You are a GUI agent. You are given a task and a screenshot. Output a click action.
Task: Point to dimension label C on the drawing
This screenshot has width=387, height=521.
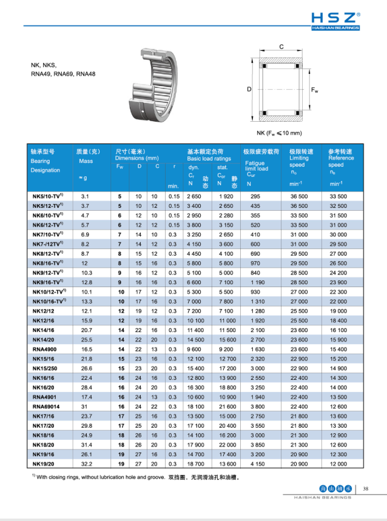[x=281, y=47]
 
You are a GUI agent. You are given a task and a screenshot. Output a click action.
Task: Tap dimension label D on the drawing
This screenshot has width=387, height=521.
[x=249, y=90]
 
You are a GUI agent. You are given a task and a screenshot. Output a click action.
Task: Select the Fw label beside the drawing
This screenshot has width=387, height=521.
[x=315, y=90]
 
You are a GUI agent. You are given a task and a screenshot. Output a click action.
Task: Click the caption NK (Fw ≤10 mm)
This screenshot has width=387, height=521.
[x=280, y=132]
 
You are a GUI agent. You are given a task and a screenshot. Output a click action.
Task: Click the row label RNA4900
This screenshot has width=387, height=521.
[x=44, y=350]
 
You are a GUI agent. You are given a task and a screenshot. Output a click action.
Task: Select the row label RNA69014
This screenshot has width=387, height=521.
[x=47, y=406]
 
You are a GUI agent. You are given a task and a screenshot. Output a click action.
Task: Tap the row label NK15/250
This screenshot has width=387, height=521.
[x=45, y=368]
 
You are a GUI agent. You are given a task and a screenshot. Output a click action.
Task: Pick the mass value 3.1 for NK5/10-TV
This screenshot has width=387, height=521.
[x=85, y=197]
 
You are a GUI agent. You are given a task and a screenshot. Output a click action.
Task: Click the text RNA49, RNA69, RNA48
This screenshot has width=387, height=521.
[x=62, y=74]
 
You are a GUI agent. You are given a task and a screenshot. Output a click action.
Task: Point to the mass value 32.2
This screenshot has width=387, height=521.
[x=85, y=463]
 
